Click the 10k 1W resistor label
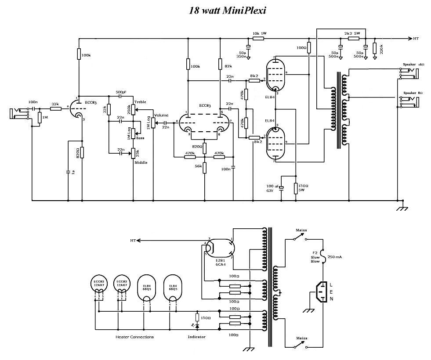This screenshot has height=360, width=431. click(259, 33)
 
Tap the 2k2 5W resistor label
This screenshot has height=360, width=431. click(352, 33)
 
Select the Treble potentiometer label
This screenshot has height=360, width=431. click(140, 102)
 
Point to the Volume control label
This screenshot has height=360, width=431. click(161, 115)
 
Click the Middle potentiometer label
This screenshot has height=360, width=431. click(141, 162)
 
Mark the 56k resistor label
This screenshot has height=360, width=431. click(199, 166)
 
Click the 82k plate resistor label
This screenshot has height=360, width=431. click(228, 66)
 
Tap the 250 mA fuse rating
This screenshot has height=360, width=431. click(335, 256)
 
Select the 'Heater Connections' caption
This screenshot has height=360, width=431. click(135, 337)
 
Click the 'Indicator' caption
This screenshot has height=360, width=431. click(196, 337)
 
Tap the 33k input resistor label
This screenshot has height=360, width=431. click(55, 104)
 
